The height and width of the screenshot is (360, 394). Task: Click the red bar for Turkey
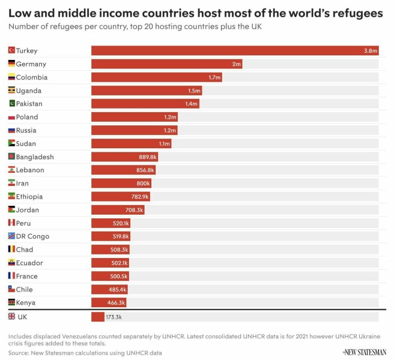[234, 50]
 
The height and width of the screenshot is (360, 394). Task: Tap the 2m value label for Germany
[237, 64]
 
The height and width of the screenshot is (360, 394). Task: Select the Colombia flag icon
[11, 77]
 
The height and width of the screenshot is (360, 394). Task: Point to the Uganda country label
[29, 91]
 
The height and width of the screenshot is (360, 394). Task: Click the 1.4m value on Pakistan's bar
[192, 104]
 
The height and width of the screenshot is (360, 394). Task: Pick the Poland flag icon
[11, 117]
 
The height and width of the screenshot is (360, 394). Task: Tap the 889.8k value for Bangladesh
[148, 157]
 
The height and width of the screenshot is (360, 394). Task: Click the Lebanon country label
[30, 170]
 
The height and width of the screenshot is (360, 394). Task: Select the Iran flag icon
[11, 183]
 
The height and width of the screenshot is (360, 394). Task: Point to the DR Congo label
[32, 236]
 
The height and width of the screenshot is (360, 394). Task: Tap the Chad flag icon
[11, 250]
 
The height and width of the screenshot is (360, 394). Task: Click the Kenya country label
[26, 302]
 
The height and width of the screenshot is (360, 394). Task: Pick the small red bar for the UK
[98, 316]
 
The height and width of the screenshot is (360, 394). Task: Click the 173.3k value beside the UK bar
[114, 316]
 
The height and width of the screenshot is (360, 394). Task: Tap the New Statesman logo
[364, 352]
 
